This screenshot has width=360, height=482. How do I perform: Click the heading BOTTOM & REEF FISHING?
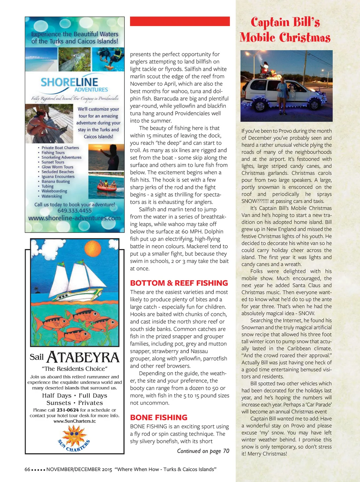pos(179,283)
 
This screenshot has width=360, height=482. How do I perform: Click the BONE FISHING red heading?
pos(159,417)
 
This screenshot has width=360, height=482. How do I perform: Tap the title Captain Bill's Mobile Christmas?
pos(285,30)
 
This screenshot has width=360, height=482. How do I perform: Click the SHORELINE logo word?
pos(69,82)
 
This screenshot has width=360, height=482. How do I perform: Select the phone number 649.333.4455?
pos(75,211)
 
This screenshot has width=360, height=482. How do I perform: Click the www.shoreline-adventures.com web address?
pos(75,218)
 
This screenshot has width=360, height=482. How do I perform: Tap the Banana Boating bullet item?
pos(56,182)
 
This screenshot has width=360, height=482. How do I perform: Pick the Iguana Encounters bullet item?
pos(58,177)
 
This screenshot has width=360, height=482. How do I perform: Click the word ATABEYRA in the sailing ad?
pos(83,357)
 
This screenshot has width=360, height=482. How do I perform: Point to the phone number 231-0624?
pos(67,410)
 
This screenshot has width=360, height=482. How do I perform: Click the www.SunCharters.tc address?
pos(75,421)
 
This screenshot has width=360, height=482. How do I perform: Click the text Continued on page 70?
pos(203,451)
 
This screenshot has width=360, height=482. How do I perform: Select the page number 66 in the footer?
pos(27,469)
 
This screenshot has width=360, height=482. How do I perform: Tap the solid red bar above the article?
pos(180,21)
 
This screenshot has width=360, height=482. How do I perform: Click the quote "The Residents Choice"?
pos(75,369)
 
